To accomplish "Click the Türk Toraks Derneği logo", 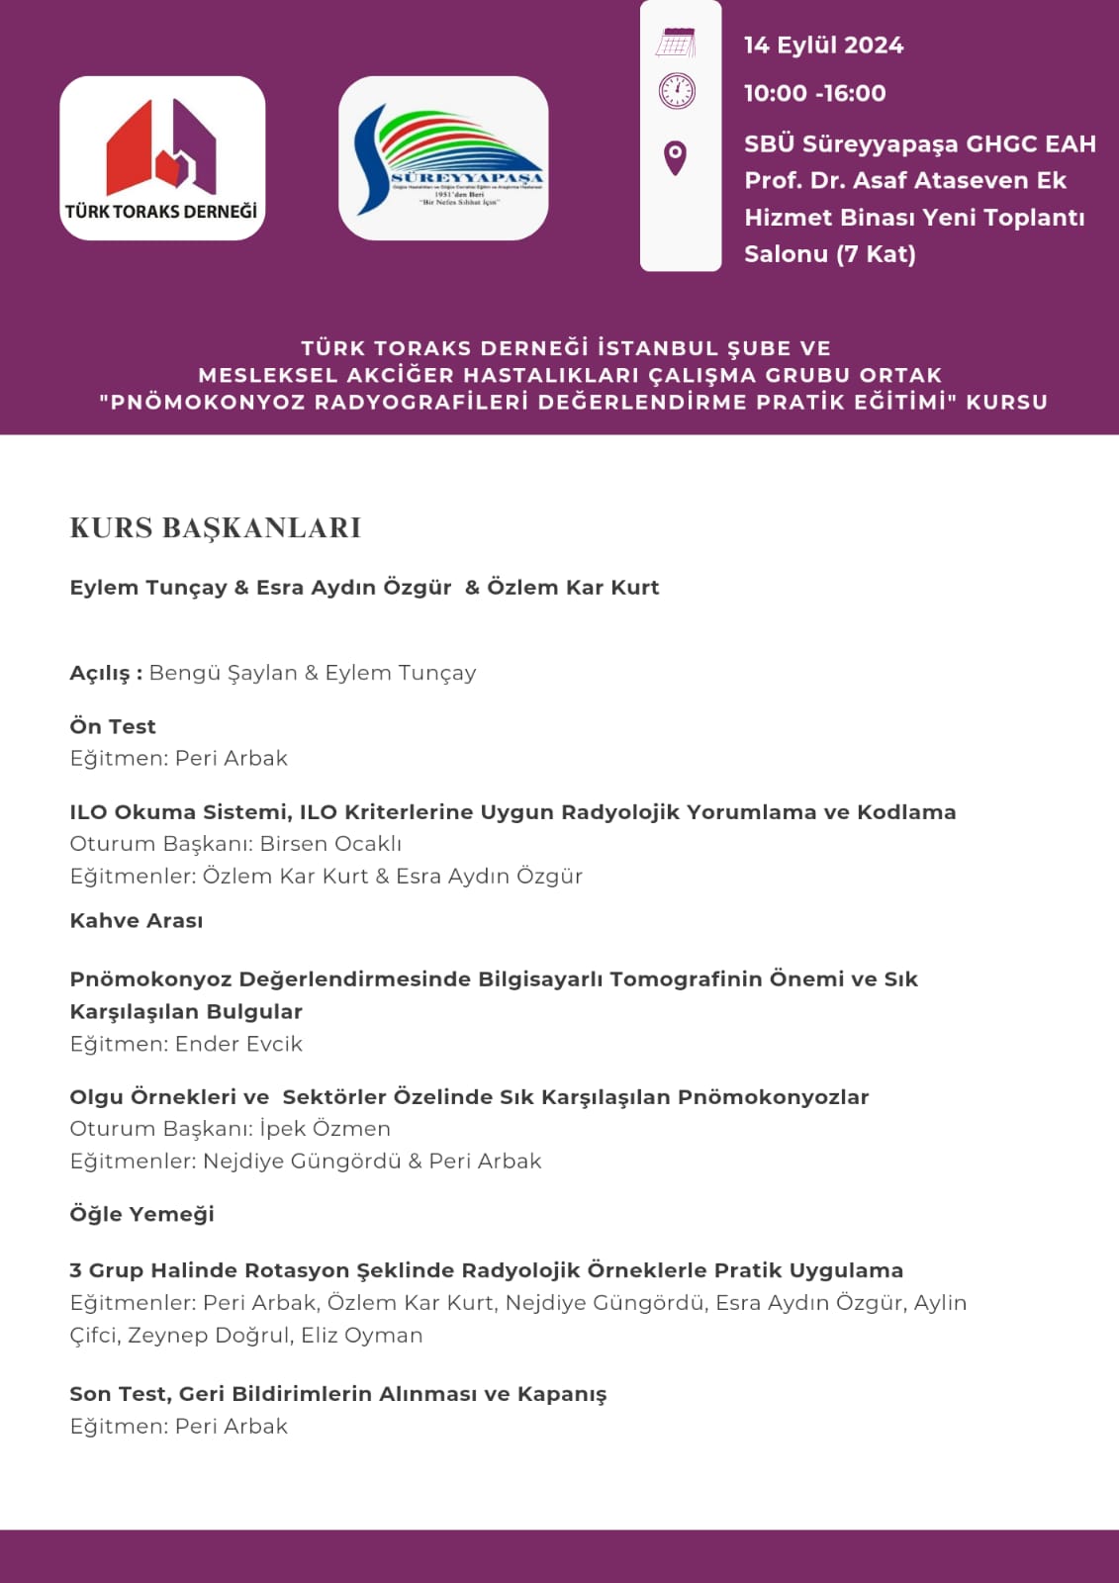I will (162, 158).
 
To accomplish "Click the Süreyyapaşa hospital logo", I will (443, 158).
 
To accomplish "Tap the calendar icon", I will (676, 44).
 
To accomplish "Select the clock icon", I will (677, 91).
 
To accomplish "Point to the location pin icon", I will (676, 157).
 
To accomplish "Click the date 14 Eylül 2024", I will (823, 46).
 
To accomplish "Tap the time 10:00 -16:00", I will (814, 93).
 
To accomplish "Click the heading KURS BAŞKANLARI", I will (215, 528).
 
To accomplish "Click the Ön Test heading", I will (113, 726).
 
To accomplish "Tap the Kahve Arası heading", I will (136, 920).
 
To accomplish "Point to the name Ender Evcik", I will (238, 1044).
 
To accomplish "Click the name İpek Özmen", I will (325, 1129).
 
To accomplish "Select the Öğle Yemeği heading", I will (141, 1214).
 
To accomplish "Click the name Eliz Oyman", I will (361, 1335).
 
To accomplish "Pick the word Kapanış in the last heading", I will (561, 1394).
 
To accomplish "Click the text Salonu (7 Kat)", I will (829, 254).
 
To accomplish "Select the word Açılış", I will (100, 673).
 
